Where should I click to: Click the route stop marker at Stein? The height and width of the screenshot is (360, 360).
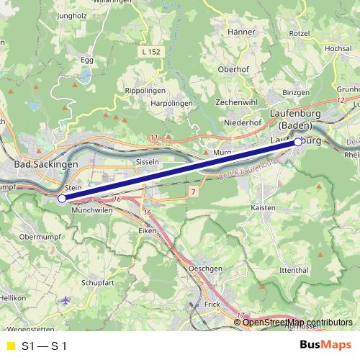(62, 198)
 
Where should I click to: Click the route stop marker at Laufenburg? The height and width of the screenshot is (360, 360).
(298, 142)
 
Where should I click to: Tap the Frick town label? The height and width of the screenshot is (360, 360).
(212, 305)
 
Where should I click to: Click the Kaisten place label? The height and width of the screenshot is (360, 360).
(264, 207)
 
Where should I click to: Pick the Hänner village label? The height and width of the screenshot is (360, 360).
(241, 32)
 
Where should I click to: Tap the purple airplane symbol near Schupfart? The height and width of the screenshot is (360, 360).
(66, 300)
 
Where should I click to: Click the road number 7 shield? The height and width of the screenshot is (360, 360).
(194, 191)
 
